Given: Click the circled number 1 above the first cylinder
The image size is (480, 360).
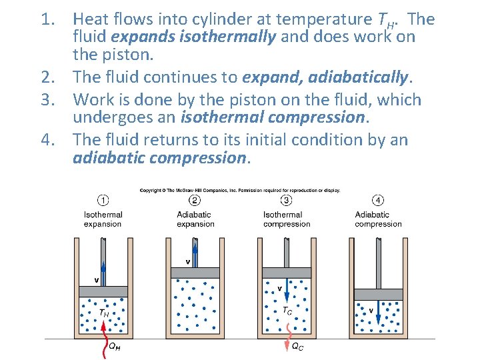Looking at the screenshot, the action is [x=103, y=201].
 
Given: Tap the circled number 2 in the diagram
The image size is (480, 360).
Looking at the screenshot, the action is [x=195, y=201].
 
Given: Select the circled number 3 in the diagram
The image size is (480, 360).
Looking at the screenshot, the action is [x=286, y=201].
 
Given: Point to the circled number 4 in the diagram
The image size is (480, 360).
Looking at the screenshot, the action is [x=378, y=201].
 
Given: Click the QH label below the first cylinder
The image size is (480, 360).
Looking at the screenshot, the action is [x=115, y=347].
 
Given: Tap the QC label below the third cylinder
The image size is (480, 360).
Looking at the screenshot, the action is [x=298, y=347].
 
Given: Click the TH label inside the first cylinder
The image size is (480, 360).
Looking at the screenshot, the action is [x=104, y=313].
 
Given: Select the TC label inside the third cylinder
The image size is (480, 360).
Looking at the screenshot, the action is [x=287, y=311].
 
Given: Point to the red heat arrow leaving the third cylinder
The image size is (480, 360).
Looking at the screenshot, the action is [x=287, y=333].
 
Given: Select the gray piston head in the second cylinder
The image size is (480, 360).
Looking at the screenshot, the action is [x=195, y=273].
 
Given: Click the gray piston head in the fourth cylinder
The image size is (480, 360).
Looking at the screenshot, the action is [x=378, y=294].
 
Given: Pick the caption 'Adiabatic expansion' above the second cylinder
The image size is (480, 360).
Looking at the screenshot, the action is [x=195, y=219].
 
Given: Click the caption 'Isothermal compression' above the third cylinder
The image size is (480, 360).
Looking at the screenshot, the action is [x=286, y=219].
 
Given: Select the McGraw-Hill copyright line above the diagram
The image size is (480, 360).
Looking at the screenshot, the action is [x=240, y=190].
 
